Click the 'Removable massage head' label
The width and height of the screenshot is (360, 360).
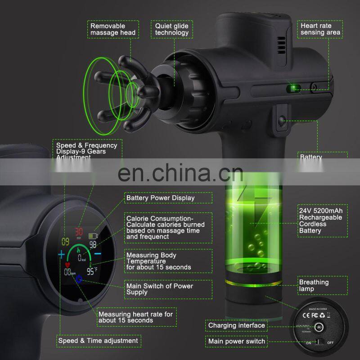tap(112, 29)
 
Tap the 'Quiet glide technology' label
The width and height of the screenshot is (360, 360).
tap(172, 29)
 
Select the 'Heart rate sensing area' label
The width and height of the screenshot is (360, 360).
tap(317, 29)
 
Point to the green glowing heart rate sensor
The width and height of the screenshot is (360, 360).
tap(295, 87)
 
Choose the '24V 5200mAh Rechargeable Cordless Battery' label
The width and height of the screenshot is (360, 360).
tap(320, 220)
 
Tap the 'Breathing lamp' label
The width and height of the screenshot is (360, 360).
tap(314, 286)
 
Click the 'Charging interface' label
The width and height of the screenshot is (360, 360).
tap(236, 325)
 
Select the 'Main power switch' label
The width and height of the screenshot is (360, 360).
tap(236, 342)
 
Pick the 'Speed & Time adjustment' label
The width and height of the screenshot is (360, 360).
tap(98, 341)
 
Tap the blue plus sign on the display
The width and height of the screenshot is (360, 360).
tap(61, 255)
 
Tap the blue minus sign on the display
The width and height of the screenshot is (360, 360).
tap(98, 255)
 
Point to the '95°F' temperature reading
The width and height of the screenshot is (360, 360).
tap(92, 271)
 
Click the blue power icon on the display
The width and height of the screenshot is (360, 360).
tap(79, 280)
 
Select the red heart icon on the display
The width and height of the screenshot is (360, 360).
tap(68, 265)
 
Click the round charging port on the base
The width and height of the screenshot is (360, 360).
tap(320, 327)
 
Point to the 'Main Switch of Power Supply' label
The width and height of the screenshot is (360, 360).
tap(160, 289)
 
